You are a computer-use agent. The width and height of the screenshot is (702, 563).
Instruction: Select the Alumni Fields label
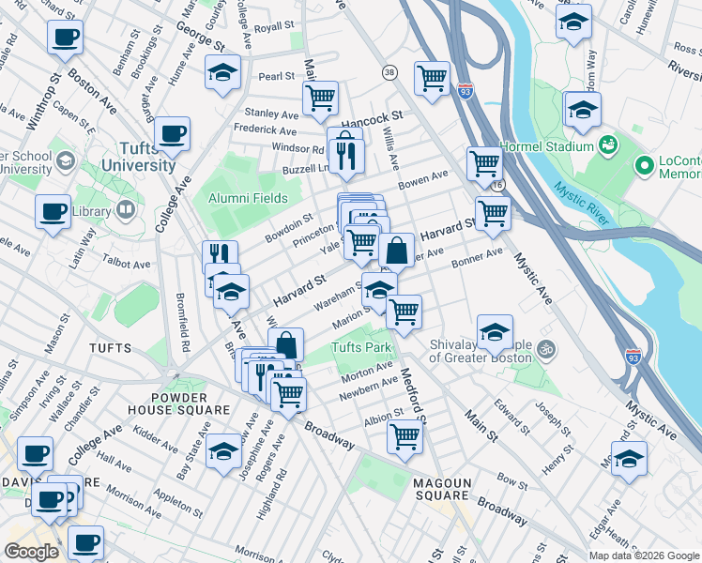248,198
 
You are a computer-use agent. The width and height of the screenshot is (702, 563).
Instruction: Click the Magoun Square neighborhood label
443,488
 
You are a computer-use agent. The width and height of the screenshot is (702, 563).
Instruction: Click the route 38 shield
389,72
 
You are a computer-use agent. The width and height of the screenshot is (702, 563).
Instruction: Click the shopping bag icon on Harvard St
397,251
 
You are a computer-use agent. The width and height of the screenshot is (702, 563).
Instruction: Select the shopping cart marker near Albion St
404,435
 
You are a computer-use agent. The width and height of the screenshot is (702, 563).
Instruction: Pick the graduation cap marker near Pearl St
222,71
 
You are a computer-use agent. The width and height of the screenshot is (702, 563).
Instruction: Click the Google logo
32,552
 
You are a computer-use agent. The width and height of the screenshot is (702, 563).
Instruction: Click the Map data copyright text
643,555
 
